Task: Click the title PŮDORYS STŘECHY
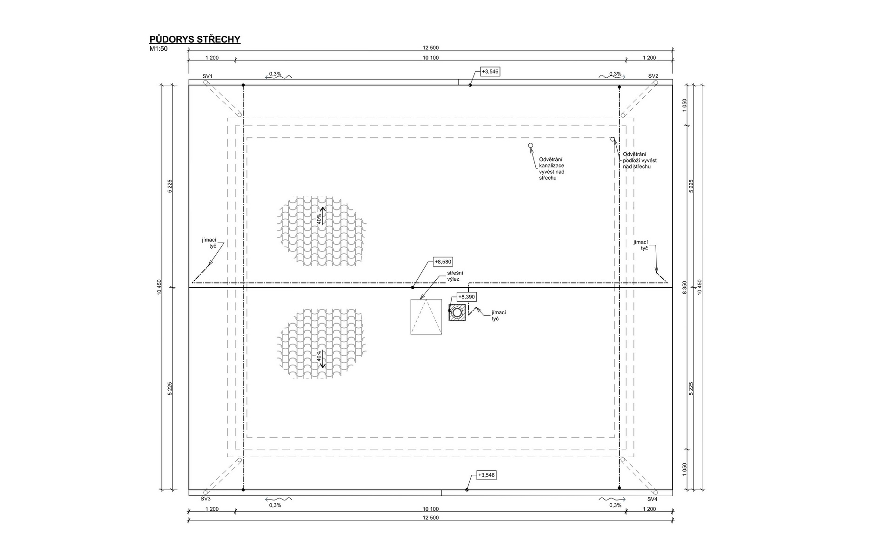tap(195, 39)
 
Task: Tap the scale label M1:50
tap(158, 48)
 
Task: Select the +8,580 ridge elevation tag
tap(443, 262)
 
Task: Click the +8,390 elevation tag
tap(467, 297)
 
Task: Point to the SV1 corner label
tap(207, 76)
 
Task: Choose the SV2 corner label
tap(653, 76)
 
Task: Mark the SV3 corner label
tap(206, 499)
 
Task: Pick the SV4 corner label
tap(653, 499)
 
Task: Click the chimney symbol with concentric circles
tap(457, 312)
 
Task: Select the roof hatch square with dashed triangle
tap(426, 317)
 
